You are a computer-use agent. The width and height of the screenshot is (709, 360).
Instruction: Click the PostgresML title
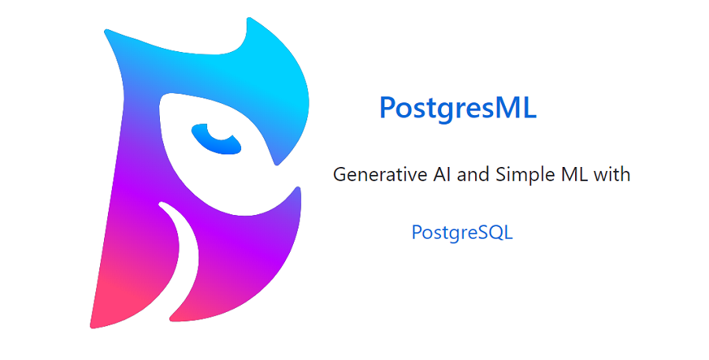457,108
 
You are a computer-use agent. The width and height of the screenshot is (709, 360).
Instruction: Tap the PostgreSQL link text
462,233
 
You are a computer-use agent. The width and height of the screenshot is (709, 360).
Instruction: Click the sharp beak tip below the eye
276,162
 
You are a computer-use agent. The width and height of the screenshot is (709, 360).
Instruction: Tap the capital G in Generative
340,174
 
